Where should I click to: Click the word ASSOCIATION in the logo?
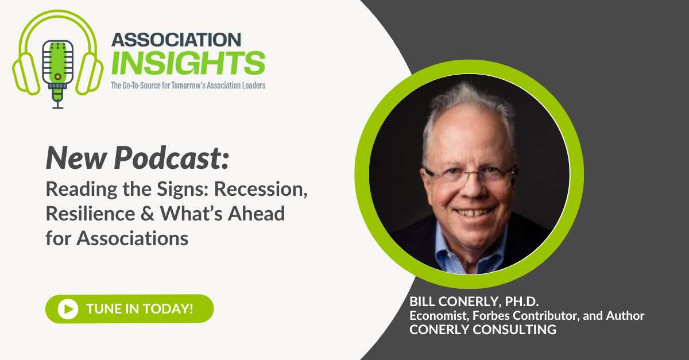[176, 41]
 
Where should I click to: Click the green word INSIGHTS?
[188, 63]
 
